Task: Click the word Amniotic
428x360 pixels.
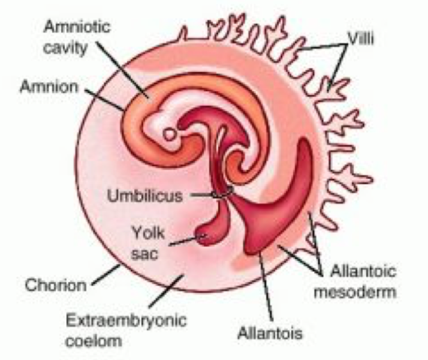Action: point(77,27)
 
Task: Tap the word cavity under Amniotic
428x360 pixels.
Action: point(65,49)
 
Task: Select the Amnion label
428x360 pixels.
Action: point(49,87)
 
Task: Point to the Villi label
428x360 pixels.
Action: point(361,38)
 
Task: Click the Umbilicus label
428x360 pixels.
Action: point(145,196)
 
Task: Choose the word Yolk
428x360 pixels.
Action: point(148,233)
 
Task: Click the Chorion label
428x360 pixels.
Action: point(56,285)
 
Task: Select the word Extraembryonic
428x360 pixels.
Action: point(126,320)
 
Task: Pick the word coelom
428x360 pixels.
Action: point(94,341)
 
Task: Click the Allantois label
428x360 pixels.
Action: point(270,333)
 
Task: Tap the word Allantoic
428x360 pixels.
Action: point(363,271)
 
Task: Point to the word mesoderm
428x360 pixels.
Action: point(355,292)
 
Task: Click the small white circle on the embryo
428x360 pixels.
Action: point(170,134)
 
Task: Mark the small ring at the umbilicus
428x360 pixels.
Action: point(222,192)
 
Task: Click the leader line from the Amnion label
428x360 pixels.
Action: point(104,100)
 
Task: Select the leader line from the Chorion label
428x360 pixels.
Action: point(106,274)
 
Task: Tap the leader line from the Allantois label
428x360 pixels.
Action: point(266,286)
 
